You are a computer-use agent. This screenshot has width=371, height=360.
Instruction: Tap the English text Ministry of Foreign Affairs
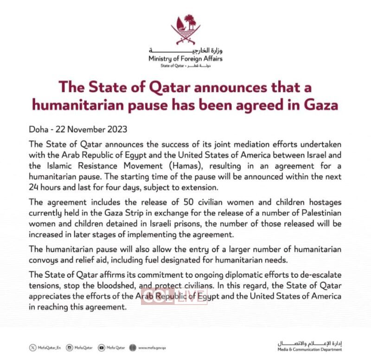185,59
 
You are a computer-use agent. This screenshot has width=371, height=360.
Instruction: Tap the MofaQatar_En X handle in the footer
46,347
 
